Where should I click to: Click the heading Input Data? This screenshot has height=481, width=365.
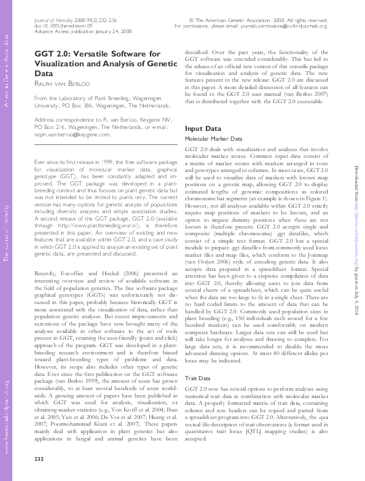203,128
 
